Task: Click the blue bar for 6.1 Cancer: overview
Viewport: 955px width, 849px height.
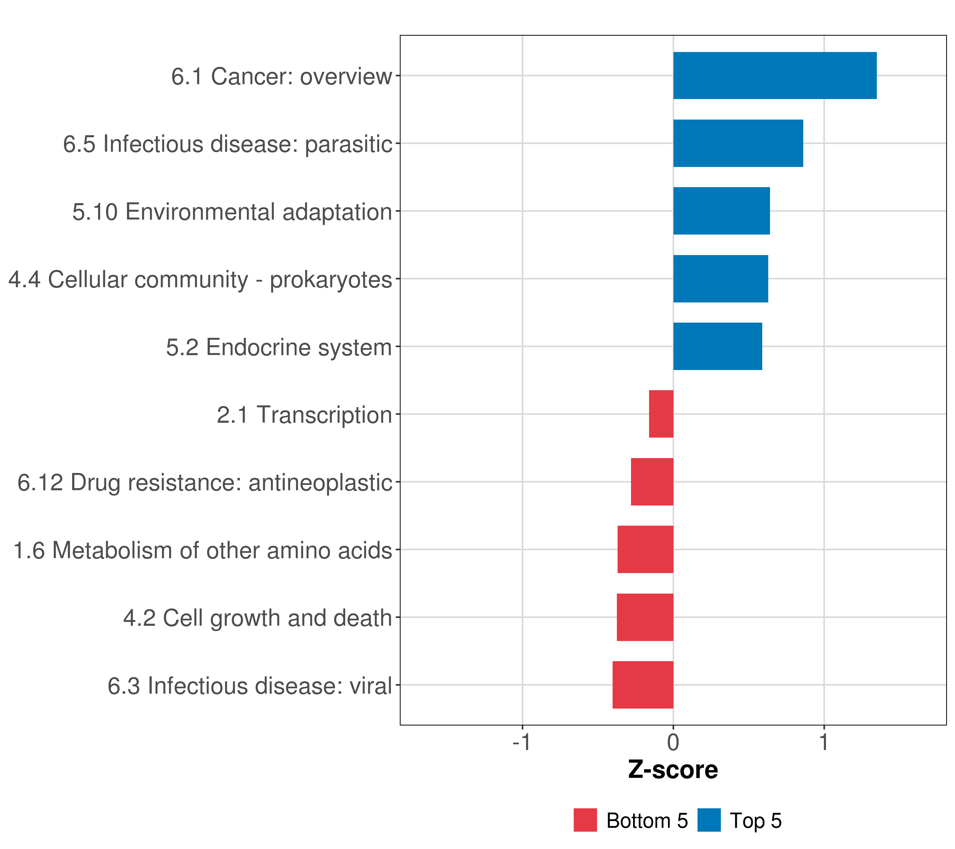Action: [x=774, y=76]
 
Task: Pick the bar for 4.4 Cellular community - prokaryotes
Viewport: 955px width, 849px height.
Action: [x=720, y=279]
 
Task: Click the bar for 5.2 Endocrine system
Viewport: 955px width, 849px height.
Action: [x=717, y=346]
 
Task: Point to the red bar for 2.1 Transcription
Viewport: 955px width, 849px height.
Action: [x=661, y=414]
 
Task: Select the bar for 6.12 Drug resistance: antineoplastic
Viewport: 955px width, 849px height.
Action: [x=652, y=482]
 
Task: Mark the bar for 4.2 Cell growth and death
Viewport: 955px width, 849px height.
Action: [x=645, y=617]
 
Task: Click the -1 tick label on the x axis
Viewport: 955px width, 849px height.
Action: [x=521, y=743]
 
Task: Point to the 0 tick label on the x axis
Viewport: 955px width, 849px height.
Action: [x=673, y=743]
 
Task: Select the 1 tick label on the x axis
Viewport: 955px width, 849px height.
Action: [x=824, y=743]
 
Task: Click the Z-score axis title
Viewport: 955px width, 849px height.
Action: [x=673, y=771]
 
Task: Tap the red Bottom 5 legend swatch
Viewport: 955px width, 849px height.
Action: [x=585, y=820]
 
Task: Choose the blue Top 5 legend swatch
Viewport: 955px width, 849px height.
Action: [x=709, y=820]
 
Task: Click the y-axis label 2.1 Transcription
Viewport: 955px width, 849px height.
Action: [x=304, y=415]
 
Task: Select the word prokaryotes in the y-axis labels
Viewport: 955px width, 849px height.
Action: [x=331, y=280]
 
